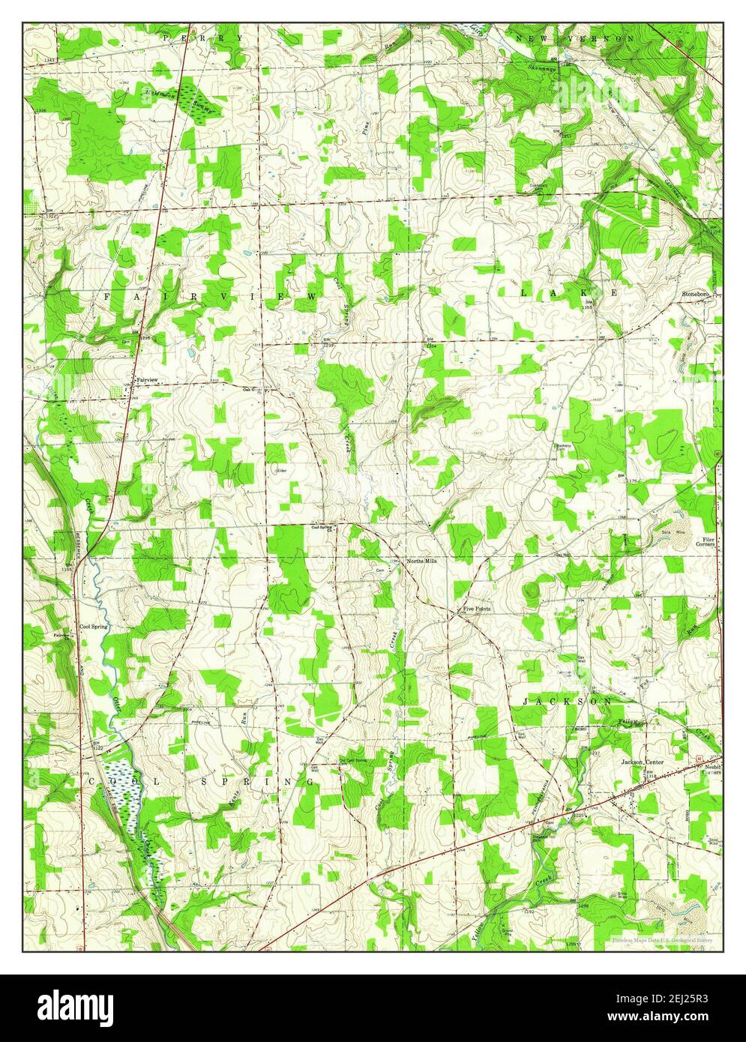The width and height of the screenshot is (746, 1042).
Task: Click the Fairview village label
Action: point(147,380)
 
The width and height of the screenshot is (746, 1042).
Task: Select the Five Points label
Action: point(477,609)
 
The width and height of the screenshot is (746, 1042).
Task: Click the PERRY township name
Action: point(203,37)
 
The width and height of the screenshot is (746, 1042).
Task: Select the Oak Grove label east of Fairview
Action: point(250,389)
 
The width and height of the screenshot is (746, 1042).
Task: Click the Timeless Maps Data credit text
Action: point(661,939)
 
